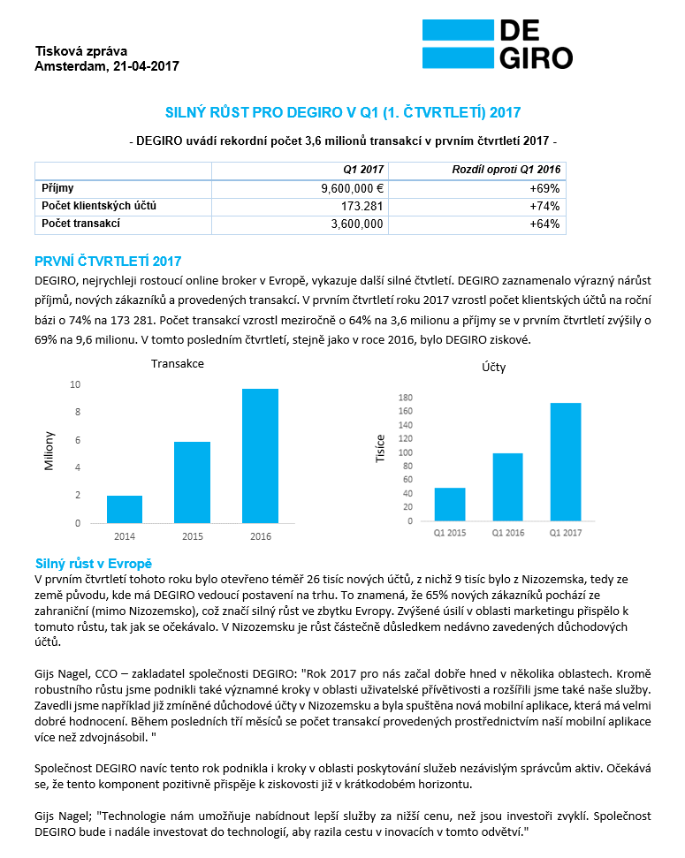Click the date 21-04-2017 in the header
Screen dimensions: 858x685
[146, 65]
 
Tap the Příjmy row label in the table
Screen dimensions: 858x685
[57, 188]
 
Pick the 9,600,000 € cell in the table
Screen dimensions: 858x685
[352, 188]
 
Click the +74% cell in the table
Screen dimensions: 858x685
[545, 206]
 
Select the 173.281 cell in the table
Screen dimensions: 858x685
[361, 206]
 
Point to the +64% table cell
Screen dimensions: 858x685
[545, 224]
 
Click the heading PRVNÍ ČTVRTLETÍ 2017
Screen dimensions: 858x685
[107, 261]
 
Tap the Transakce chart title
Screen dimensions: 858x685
[178, 363]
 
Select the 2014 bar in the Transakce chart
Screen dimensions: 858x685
[125, 509]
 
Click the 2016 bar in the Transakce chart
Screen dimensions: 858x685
[261, 456]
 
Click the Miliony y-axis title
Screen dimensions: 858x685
[50, 451]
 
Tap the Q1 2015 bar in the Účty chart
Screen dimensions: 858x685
[450, 504]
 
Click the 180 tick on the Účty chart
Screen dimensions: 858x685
[407, 398]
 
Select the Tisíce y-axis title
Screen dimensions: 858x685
[381, 450]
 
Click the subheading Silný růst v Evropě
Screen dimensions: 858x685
[94, 563]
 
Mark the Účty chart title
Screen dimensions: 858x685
[494, 367]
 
